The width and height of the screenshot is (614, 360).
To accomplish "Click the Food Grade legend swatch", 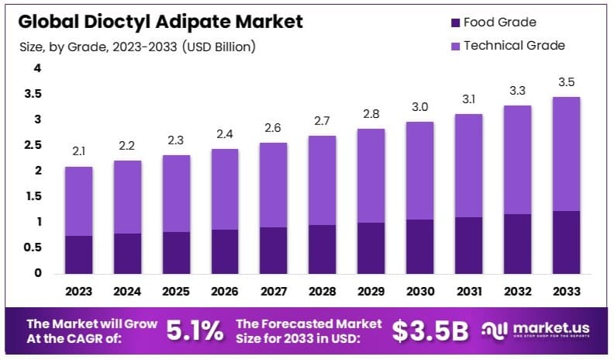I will point(454,22).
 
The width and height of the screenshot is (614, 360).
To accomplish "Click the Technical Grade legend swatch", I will point(454,45).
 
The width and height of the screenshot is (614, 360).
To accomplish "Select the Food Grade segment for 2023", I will point(79,254).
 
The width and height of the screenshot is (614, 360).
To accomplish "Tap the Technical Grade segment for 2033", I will point(565,154).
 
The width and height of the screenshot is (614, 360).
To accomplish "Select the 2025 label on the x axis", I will point(176,292).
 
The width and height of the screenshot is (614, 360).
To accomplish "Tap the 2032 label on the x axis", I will point(517,292).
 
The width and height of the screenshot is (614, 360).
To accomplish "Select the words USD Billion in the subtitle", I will point(219,47).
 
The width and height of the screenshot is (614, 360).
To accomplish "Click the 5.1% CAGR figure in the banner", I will point(195,331).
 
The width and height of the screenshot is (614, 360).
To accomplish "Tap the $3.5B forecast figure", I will point(430,331).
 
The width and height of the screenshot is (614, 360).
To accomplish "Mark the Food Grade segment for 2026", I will point(225,251).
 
